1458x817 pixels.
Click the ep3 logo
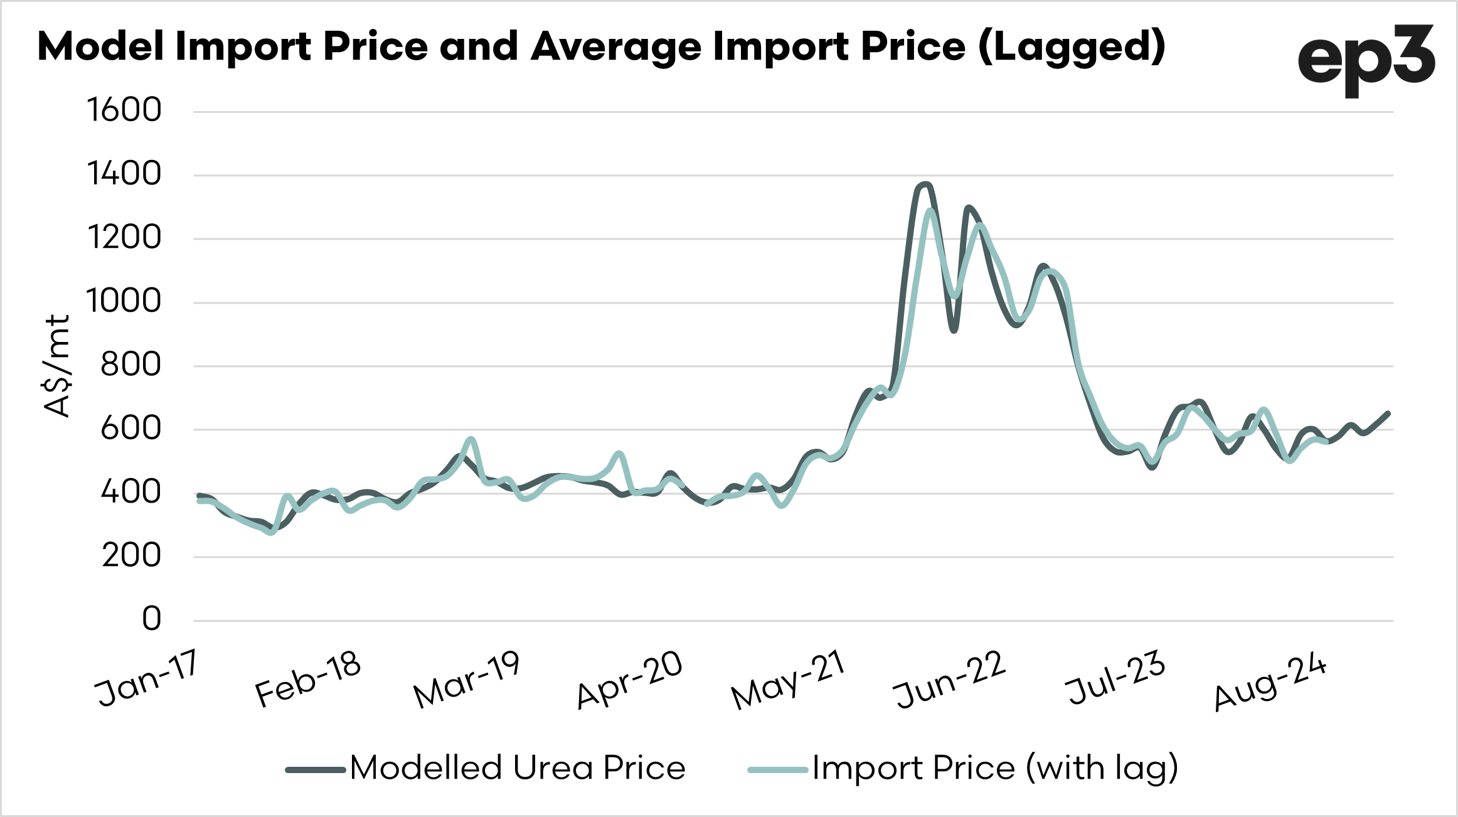(1366, 60)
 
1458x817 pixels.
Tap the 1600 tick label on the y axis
(124, 110)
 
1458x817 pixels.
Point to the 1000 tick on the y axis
(124, 301)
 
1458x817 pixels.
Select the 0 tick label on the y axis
(151, 619)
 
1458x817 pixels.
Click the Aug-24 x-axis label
(1270, 682)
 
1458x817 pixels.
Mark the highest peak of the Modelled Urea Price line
(925, 184)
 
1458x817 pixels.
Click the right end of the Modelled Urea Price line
(1388, 414)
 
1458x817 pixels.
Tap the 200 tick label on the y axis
(131, 556)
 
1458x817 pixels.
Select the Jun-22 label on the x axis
(949, 680)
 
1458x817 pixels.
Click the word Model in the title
(100, 47)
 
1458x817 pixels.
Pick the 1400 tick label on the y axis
(124, 174)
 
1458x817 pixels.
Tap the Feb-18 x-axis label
(308, 678)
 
